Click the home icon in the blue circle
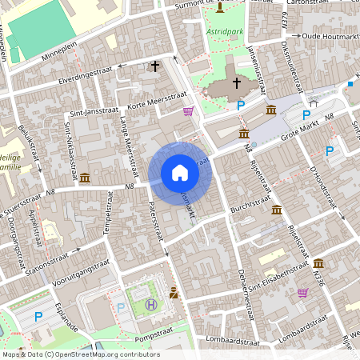(x=179, y=172)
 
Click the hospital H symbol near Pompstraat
(x=151, y=304)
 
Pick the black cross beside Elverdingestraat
(x=154, y=67)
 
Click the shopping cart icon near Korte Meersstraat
(x=188, y=111)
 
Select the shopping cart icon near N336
(x=302, y=293)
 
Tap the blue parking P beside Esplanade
(x=38, y=317)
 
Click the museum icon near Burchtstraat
(x=276, y=209)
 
